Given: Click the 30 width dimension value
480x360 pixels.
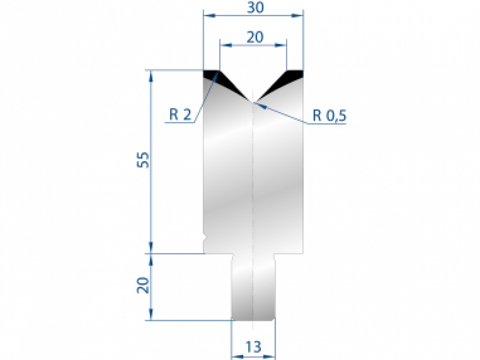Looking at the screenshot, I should click(255, 8).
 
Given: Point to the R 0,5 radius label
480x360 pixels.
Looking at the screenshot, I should click(329, 116).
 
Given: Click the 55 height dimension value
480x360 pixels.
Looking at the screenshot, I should click(144, 160).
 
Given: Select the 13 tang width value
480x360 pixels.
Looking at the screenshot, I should click(254, 346).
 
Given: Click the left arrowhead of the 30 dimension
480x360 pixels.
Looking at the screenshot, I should click(209, 16).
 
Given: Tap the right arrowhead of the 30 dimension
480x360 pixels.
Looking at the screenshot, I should click(298, 16).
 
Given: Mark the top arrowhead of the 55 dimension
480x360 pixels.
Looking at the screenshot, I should click(152, 75).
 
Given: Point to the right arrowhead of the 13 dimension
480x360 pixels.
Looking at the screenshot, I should click(271, 356).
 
